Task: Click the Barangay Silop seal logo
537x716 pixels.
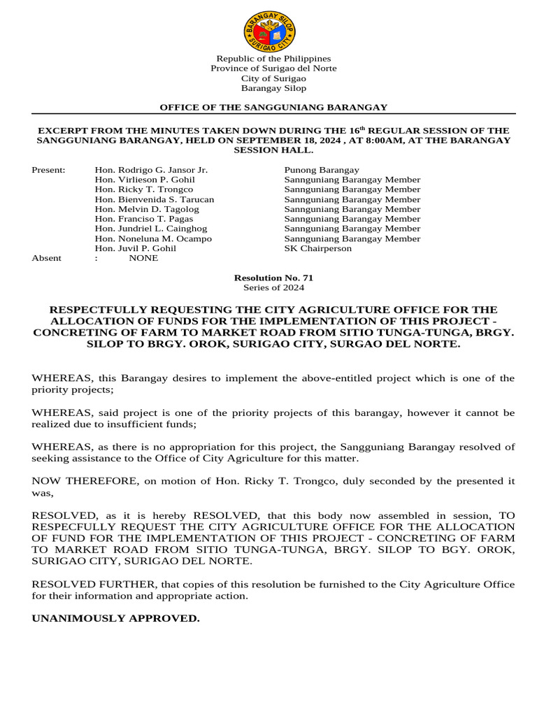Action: coord(270,31)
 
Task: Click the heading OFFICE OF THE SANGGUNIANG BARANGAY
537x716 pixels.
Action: coord(273,107)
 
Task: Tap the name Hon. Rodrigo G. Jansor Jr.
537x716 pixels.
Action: coord(151,170)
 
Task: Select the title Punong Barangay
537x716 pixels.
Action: coord(322,170)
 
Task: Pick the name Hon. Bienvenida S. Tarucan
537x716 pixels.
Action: coord(155,199)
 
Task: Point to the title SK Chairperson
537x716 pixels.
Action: coord(318,248)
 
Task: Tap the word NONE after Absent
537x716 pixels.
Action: coord(144,258)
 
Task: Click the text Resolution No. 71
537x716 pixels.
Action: coord(273,278)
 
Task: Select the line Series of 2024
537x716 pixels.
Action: coord(273,287)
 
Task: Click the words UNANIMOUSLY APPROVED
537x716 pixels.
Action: coord(116,619)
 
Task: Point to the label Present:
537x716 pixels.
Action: coord(49,170)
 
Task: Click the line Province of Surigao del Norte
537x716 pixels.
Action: coord(273,69)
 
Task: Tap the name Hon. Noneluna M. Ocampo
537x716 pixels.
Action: coord(153,238)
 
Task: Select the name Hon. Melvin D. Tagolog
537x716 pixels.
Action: coord(147,209)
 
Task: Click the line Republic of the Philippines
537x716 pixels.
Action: coord(273,59)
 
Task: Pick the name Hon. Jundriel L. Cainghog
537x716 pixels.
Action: coord(151,229)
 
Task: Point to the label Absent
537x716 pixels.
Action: coord(47,258)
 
